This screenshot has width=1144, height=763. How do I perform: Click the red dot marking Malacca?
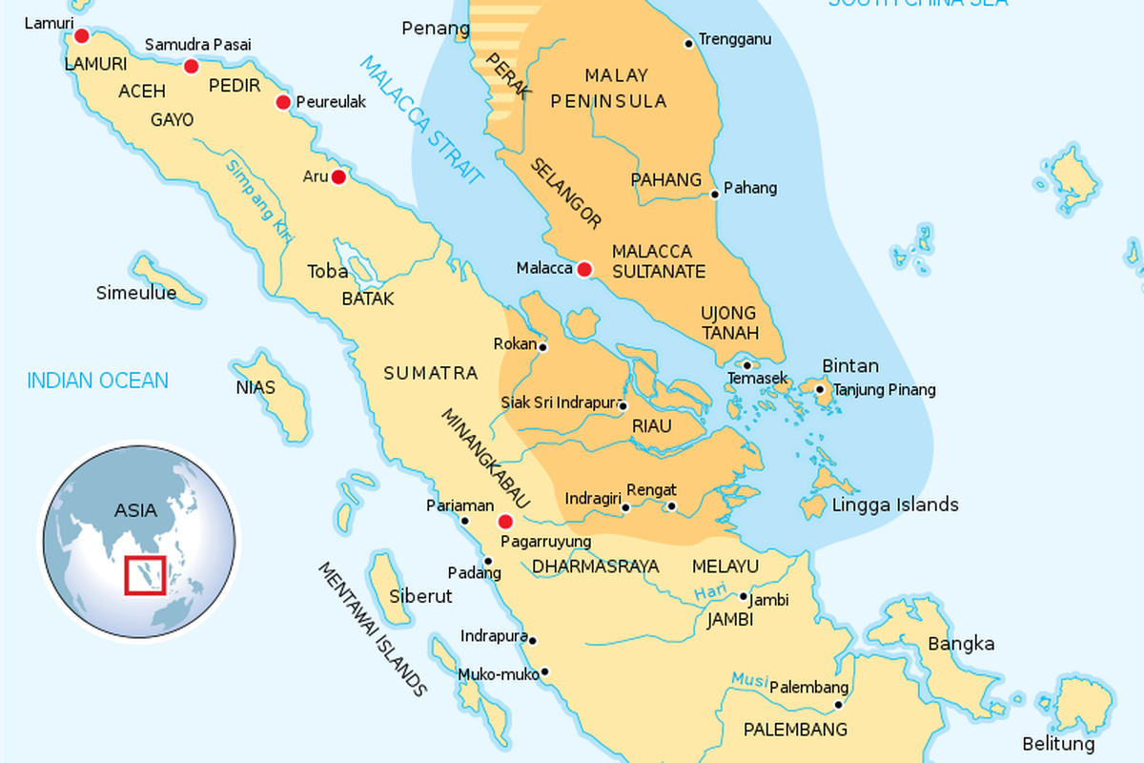(x=584, y=269)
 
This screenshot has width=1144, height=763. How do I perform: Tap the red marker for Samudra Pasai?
(x=191, y=66)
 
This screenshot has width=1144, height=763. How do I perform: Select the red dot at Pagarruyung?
(x=505, y=522)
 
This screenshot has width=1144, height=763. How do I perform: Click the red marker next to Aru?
(x=338, y=176)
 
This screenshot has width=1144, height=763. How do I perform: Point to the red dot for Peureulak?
(x=283, y=102)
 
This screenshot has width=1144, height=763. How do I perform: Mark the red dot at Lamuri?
(x=81, y=36)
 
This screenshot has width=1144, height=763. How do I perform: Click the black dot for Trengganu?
(x=688, y=43)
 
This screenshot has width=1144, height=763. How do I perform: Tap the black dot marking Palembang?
(x=839, y=706)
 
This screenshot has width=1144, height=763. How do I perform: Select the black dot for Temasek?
(x=747, y=365)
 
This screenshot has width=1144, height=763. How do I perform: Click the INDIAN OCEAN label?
(x=97, y=381)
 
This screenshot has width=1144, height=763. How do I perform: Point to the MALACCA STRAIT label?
(x=421, y=119)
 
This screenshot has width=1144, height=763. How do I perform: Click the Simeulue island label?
(x=136, y=293)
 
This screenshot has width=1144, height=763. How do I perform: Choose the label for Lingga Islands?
(x=895, y=505)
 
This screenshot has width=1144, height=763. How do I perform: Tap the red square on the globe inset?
(x=146, y=574)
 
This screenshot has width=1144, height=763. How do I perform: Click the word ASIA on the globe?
(x=135, y=509)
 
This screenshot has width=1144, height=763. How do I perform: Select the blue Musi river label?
(x=749, y=679)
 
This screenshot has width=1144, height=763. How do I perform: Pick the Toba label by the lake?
(x=327, y=271)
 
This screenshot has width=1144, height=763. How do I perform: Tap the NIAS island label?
(x=255, y=387)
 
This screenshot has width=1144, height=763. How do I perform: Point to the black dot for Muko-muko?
(x=545, y=671)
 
